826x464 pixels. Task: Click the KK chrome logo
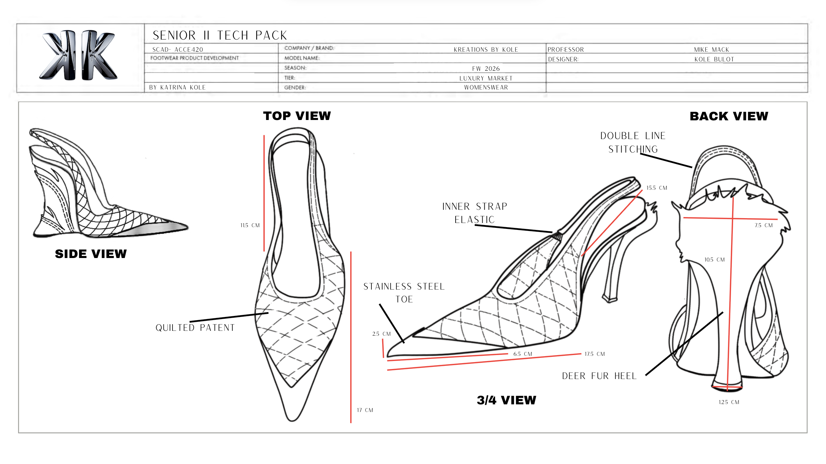tap(79, 55)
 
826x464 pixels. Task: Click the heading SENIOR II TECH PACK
tap(220, 35)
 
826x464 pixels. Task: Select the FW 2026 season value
tap(486, 69)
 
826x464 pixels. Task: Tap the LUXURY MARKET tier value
tap(486, 78)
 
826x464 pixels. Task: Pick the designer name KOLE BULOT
tap(714, 59)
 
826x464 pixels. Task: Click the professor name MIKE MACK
tap(712, 50)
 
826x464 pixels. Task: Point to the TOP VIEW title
tap(297, 116)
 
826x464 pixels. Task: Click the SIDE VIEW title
tap(91, 254)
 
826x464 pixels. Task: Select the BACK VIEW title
tap(729, 116)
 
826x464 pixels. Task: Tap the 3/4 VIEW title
tap(506, 400)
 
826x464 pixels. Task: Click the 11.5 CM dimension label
tap(250, 225)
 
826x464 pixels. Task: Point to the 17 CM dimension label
tap(365, 410)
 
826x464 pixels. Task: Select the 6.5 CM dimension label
tap(522, 354)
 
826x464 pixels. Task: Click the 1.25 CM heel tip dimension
tap(729, 402)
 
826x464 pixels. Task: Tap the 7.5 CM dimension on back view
tap(764, 225)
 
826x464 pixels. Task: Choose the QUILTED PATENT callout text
tap(195, 328)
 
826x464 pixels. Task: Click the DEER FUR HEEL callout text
tap(599, 376)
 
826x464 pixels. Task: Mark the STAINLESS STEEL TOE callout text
tap(404, 293)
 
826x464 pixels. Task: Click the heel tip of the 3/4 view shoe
tap(609, 299)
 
